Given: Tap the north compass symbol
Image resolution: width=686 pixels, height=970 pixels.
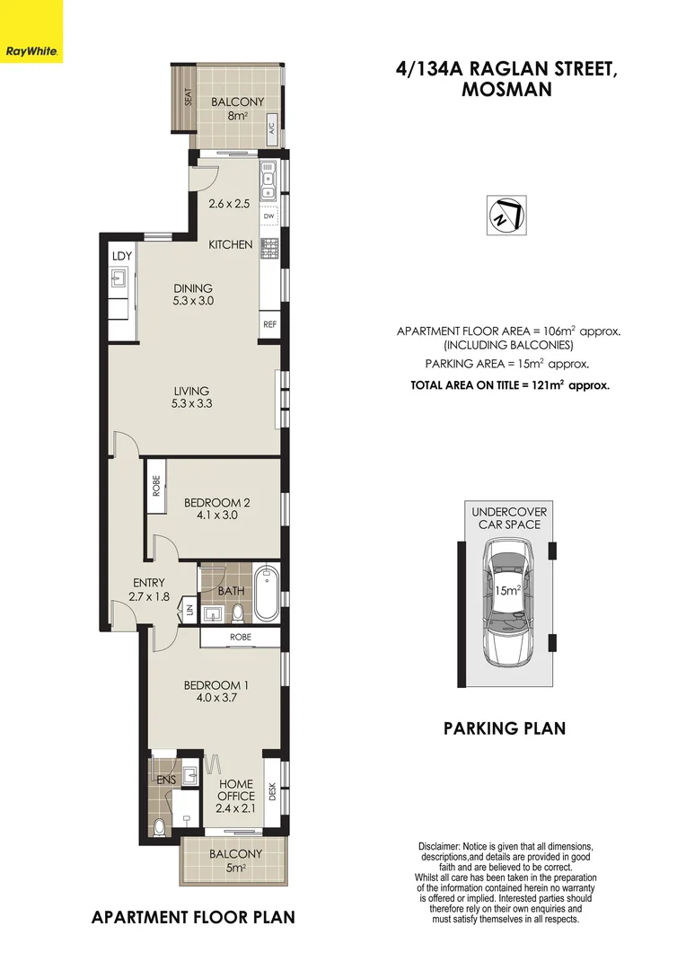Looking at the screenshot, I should [506, 216].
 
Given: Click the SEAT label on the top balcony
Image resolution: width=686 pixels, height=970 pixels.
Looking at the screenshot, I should [189, 97].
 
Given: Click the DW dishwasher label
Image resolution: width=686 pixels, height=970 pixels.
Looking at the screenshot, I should [268, 216].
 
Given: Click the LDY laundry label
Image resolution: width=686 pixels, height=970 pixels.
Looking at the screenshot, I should [122, 256].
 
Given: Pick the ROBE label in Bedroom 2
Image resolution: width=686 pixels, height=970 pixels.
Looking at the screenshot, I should [156, 487].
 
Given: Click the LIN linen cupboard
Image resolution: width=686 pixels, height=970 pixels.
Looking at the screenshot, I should [189, 612].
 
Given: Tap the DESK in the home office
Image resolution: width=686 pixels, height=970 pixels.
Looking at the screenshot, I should [271, 791].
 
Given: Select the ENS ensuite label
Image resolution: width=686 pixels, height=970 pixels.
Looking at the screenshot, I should [166, 780].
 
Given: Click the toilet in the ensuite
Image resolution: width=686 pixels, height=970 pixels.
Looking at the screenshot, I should [160, 826].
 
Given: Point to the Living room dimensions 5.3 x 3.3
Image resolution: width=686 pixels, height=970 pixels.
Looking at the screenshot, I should [192, 404].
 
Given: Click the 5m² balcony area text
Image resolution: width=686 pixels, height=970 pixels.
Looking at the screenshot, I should [236, 869].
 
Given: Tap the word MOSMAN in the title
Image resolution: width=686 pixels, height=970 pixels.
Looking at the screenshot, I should [506, 90].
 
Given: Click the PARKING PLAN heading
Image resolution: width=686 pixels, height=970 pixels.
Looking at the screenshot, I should [505, 728].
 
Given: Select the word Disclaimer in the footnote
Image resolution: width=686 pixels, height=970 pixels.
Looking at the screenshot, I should [440, 847].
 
